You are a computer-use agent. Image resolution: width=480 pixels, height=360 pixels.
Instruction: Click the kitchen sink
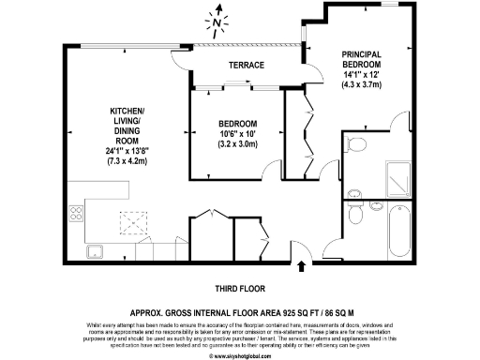click(x=96, y=251)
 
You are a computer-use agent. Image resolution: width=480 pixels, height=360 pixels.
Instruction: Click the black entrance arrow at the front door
click(x=301, y=268)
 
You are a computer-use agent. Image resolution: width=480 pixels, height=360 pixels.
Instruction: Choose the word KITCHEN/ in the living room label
click(x=127, y=110)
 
